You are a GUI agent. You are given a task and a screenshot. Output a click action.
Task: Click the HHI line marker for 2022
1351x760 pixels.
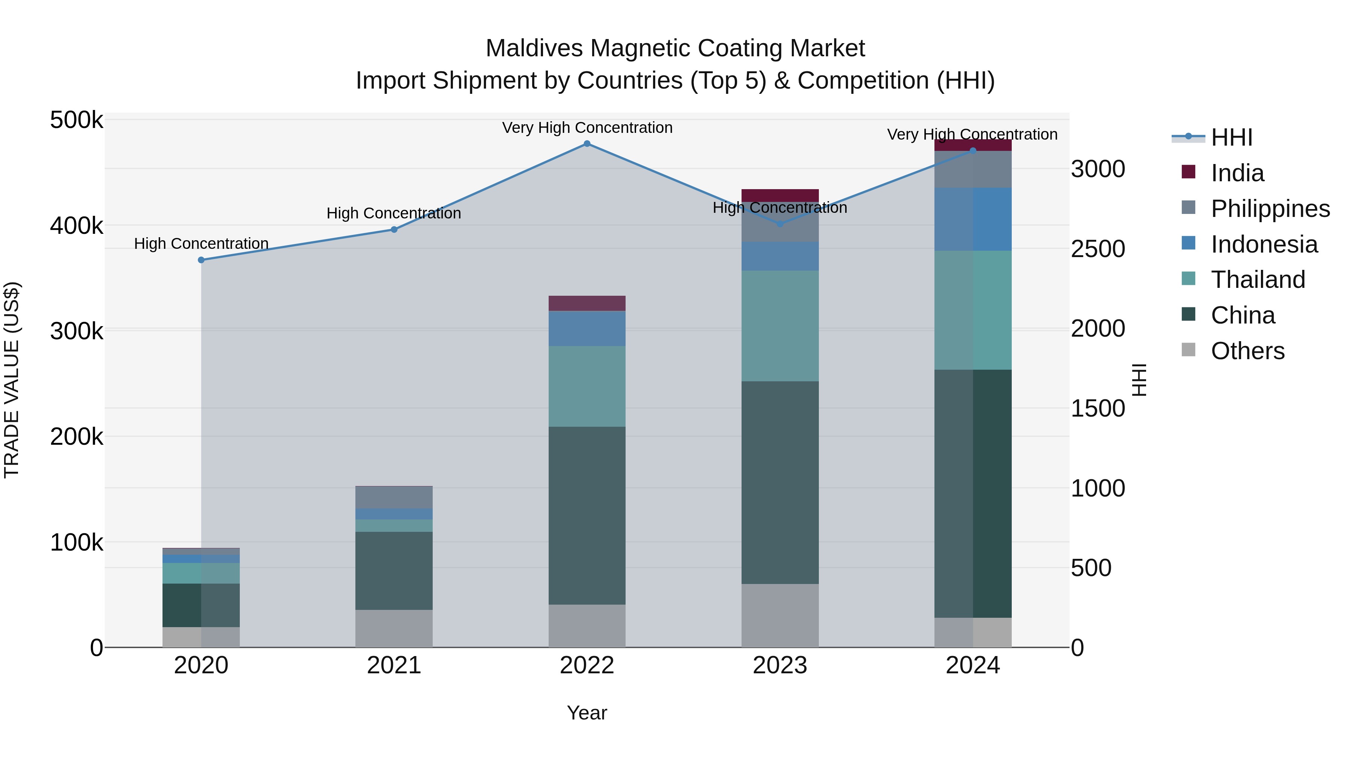click(587, 144)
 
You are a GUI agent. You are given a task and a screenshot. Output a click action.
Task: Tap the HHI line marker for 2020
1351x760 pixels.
click(202, 260)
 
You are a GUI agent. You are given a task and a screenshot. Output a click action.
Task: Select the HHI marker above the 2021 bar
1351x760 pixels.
click(394, 230)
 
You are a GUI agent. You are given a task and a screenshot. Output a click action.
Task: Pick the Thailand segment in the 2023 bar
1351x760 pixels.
click(780, 326)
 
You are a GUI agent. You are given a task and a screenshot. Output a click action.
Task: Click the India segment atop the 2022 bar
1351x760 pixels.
click(587, 303)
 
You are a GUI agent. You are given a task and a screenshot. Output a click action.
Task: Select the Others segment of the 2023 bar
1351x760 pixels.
click(780, 615)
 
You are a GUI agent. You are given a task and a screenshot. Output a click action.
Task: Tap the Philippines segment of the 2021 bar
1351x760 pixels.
click(394, 498)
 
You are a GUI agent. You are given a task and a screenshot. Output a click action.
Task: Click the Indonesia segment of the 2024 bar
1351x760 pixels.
click(973, 219)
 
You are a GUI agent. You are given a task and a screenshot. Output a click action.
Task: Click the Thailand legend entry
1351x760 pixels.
click(1257, 280)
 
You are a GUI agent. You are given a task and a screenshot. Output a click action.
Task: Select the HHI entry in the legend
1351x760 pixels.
click(1231, 137)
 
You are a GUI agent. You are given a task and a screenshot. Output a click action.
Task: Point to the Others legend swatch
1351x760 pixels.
click(1189, 350)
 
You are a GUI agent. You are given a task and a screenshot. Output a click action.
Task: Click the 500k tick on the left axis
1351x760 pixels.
click(77, 120)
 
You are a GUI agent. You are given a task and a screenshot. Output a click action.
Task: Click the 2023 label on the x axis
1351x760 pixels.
click(780, 665)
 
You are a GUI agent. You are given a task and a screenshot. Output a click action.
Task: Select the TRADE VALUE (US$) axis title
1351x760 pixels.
click(12, 380)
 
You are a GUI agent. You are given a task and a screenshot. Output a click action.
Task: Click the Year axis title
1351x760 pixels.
click(587, 713)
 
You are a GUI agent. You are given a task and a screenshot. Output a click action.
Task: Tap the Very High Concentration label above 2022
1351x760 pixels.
click(587, 128)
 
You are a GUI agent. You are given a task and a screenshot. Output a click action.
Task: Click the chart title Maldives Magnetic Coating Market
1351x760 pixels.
click(675, 48)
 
